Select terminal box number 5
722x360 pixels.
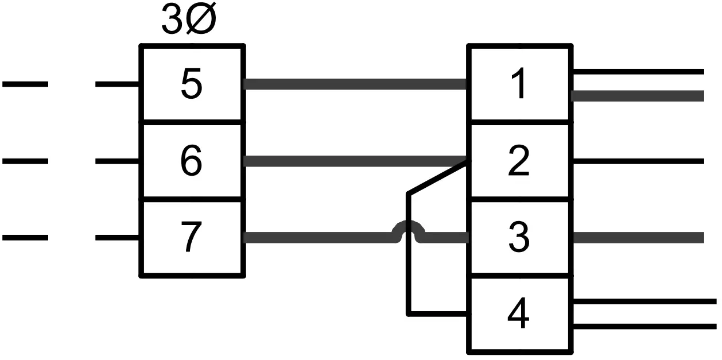(192, 84)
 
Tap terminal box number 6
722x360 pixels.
(192, 161)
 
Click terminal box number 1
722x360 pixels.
(520, 84)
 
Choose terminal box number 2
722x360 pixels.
(520, 161)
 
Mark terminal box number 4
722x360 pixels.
(520, 315)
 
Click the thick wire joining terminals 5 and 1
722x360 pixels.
(356, 84)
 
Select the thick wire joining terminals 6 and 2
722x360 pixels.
(356, 161)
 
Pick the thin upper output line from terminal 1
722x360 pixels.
(637, 72)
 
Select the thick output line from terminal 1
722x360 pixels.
(637, 96)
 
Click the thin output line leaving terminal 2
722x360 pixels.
(637, 161)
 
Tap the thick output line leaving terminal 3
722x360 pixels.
(637, 238)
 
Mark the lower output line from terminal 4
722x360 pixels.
(643, 326)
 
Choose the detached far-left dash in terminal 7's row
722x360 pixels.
(25, 237)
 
